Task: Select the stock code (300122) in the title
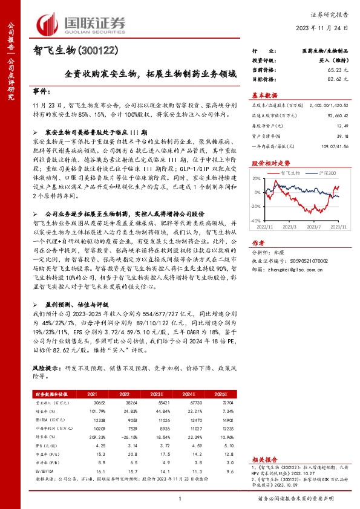[x=106, y=52]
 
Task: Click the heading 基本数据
[x=264, y=96]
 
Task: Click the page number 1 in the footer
[x=180, y=498]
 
